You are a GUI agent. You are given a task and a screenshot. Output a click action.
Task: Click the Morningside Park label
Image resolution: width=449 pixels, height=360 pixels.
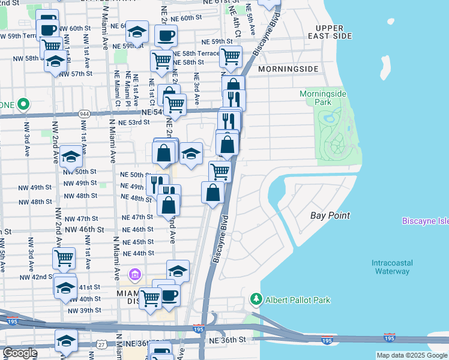pyautogui.click(x=324, y=98)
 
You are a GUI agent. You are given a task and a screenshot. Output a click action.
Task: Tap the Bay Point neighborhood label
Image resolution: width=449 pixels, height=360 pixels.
pyautogui.click(x=330, y=215)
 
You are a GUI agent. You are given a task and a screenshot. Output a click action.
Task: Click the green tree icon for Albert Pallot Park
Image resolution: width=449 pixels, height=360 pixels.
pyautogui.click(x=256, y=299)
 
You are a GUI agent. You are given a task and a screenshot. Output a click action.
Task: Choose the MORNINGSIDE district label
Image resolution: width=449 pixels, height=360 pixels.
pyautogui.click(x=288, y=69)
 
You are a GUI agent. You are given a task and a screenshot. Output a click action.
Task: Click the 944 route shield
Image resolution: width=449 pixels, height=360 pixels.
pyautogui.click(x=83, y=113)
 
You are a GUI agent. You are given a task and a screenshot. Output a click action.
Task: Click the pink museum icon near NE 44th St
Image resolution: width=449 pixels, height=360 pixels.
pyautogui.click(x=135, y=275)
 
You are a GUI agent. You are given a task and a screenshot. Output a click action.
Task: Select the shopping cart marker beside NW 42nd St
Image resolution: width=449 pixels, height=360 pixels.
pyautogui.click(x=64, y=259)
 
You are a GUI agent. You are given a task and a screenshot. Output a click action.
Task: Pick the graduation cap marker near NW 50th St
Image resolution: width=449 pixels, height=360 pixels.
pyautogui.click(x=71, y=158)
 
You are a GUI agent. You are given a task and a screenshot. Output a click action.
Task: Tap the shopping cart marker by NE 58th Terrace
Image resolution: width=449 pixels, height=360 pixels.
pyautogui.click(x=231, y=56)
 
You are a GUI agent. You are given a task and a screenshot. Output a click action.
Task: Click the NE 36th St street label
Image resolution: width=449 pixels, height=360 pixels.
pyautogui.click(x=228, y=340)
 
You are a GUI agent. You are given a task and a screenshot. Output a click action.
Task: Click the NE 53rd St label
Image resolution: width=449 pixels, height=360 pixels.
pyautogui.click(x=133, y=122)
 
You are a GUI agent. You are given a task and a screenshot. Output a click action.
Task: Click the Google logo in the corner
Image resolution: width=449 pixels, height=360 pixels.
pyautogui.click(x=19, y=353)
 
